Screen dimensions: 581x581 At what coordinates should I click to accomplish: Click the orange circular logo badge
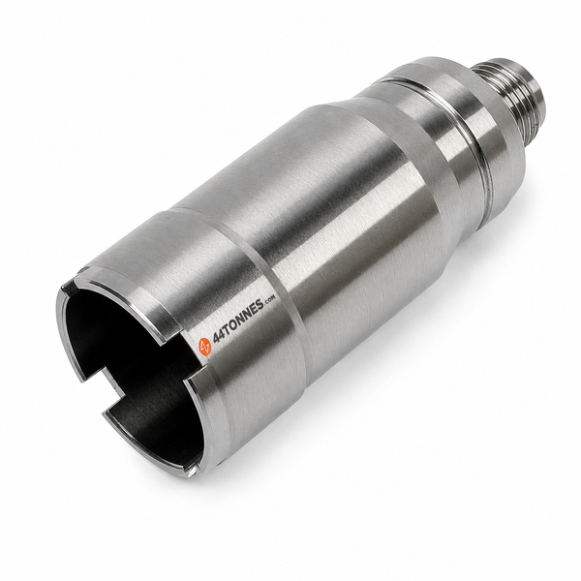click(205, 346)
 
